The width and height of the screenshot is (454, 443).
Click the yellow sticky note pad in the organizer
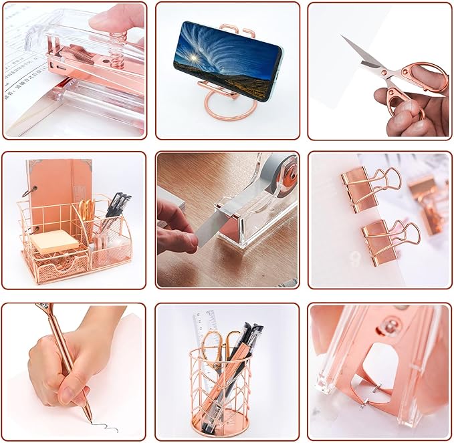pos(53,241)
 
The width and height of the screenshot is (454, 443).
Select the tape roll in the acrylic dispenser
pos(283,174)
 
